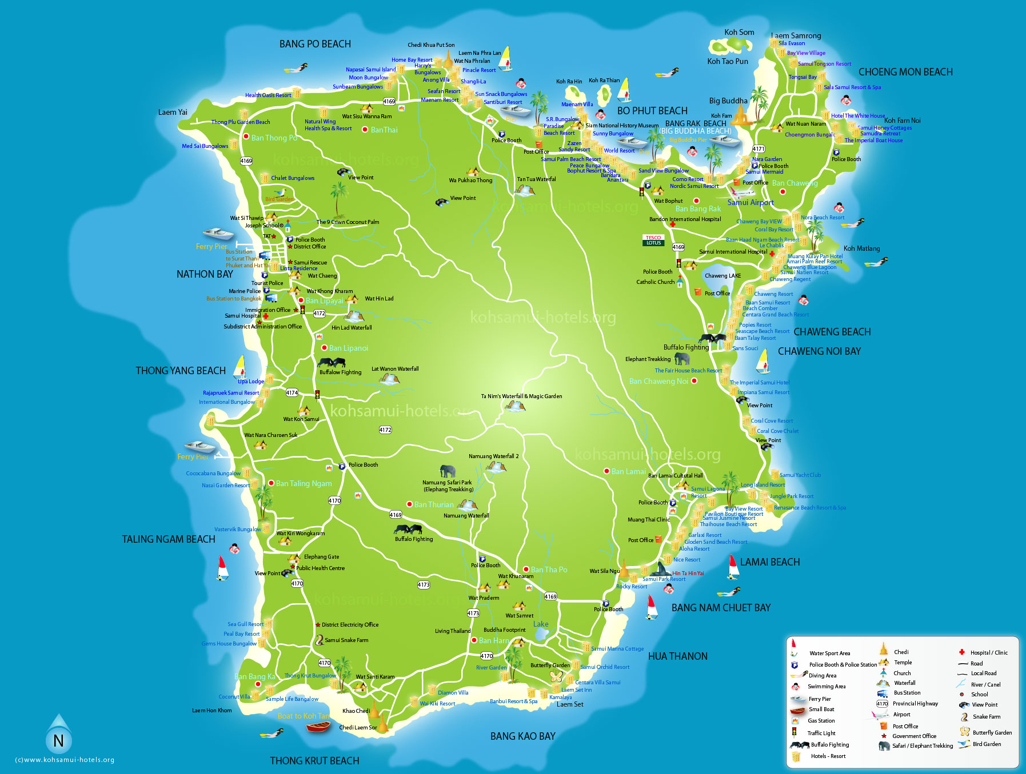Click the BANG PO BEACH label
coord(315,44)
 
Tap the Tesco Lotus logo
coord(653,240)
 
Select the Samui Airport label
coord(750,202)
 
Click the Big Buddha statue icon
coord(741,115)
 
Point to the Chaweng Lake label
coord(722,276)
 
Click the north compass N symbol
coord(58,741)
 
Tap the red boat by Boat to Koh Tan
coord(318,727)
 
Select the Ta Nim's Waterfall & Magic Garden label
coord(521,396)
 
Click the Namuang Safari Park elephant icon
coord(448,471)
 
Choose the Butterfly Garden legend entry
coord(992,732)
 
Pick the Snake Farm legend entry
coord(986,716)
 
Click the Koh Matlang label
coord(861,248)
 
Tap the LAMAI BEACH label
coord(769,562)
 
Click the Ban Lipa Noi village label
coord(348,348)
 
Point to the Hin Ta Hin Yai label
coord(688,573)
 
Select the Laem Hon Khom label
coord(211,711)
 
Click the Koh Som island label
coord(739,33)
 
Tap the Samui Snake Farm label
coord(346,640)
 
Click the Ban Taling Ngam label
coord(304,483)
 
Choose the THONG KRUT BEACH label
coord(314,761)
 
